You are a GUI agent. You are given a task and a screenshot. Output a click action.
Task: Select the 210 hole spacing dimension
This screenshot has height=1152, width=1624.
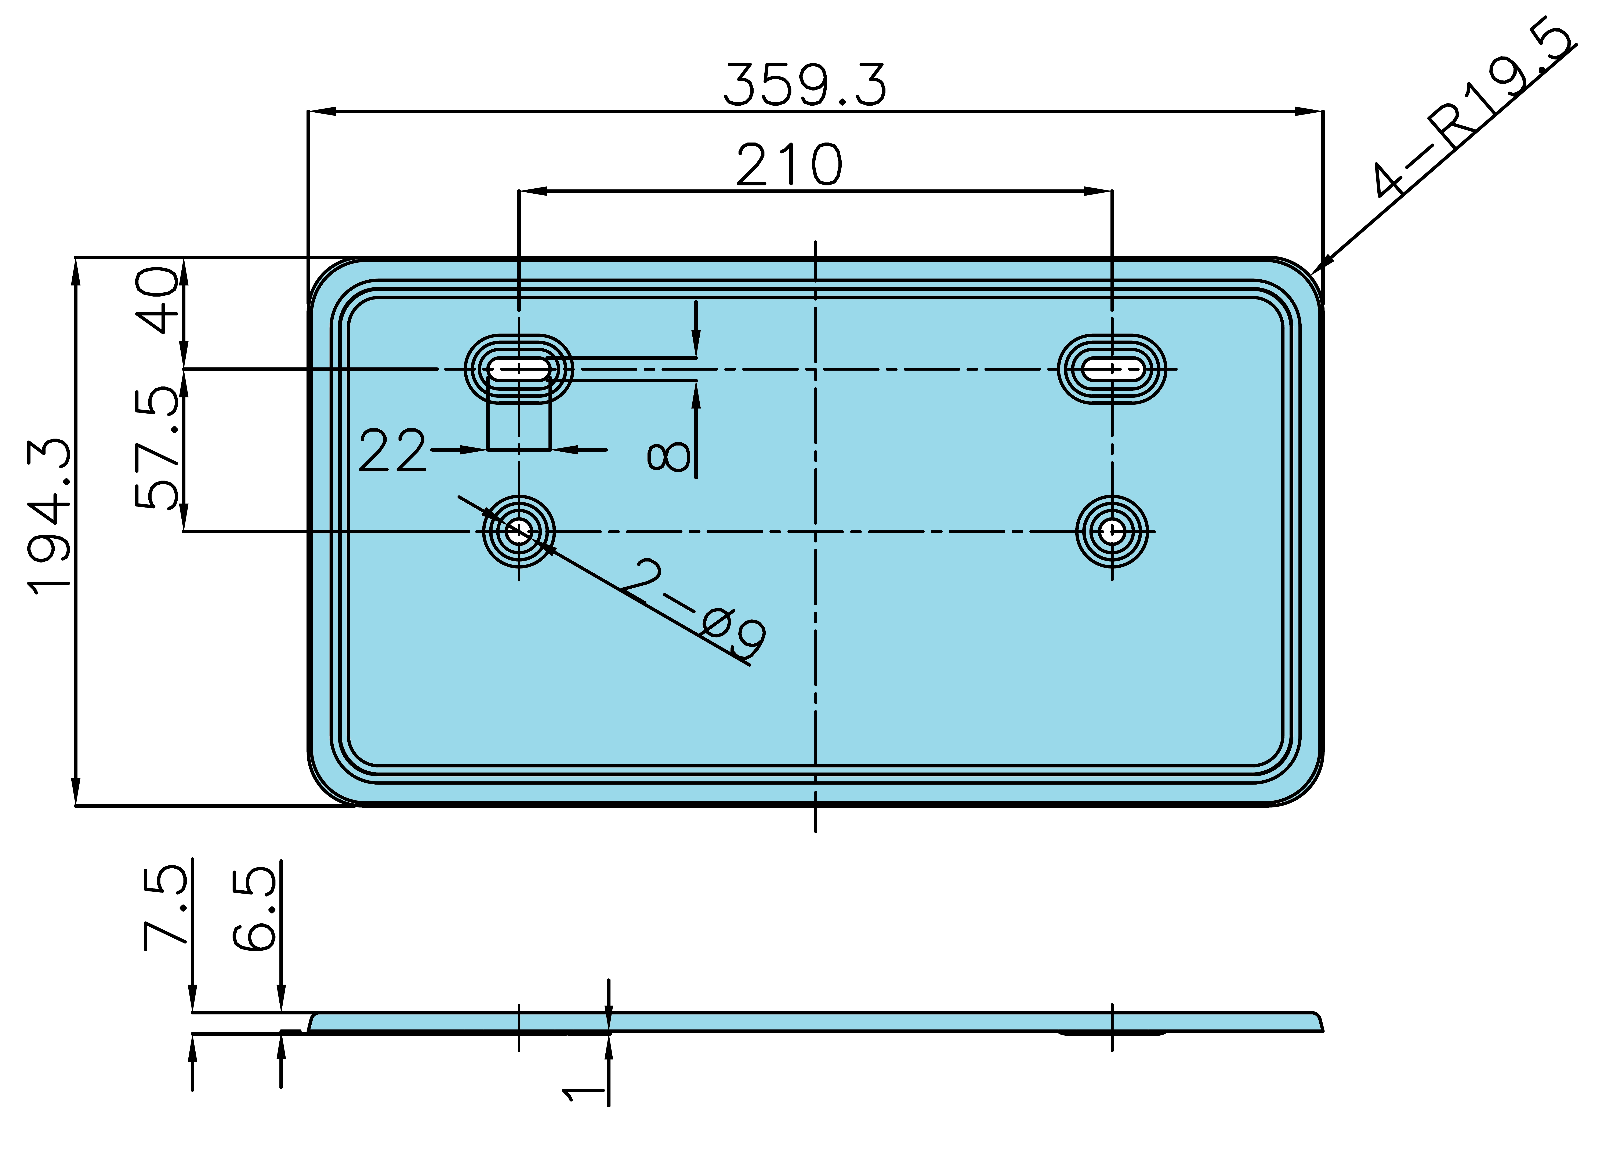click(x=789, y=165)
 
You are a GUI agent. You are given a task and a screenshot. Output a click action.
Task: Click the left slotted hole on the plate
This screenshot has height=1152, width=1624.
click(x=519, y=369)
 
